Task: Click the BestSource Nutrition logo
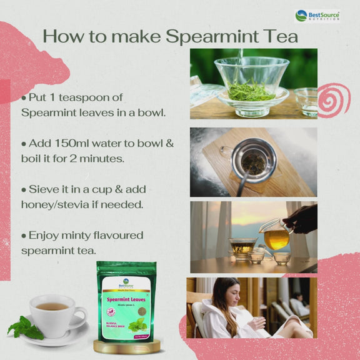[x=317, y=15]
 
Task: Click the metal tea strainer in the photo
[x=253, y=161]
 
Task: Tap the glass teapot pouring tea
[x=276, y=235]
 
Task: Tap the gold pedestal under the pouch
[x=126, y=346]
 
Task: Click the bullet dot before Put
[x=24, y=98]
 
